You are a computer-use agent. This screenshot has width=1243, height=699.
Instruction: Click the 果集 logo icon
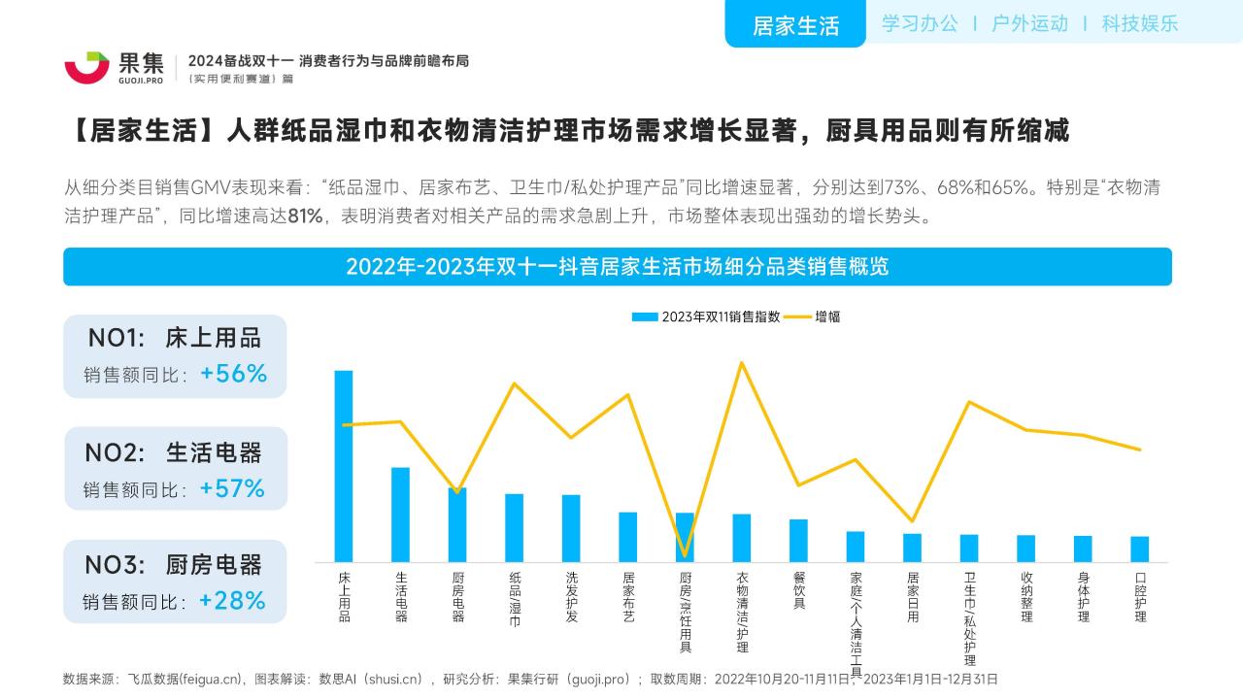(x=86, y=66)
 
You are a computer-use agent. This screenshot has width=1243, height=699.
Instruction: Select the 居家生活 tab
(x=795, y=25)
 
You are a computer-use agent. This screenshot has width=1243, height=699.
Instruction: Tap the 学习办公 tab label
(x=920, y=23)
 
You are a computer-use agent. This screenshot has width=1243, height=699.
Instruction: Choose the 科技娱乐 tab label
(x=1139, y=23)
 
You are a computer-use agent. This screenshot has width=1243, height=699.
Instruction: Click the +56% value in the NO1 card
(x=233, y=374)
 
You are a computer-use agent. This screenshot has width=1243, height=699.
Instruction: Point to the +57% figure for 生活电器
(x=232, y=488)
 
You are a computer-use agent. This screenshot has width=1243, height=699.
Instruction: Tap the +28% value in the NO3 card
(x=232, y=601)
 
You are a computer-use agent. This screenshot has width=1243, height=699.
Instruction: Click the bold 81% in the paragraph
(x=305, y=216)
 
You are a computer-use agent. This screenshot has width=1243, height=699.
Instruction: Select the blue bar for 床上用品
(x=344, y=466)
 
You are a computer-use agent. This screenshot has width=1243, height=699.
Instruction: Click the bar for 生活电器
(x=400, y=515)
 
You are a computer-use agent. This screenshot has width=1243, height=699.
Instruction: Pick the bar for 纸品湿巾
(x=514, y=527)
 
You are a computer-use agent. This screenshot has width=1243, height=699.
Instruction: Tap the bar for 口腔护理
(x=1140, y=549)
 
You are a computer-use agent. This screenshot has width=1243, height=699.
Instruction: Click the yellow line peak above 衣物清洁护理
(x=742, y=363)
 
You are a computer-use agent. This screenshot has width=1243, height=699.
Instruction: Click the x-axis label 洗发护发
(x=571, y=595)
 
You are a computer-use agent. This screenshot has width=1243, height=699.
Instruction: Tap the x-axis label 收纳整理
(x=1026, y=596)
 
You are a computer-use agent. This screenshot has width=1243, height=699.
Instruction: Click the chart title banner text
(x=617, y=267)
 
